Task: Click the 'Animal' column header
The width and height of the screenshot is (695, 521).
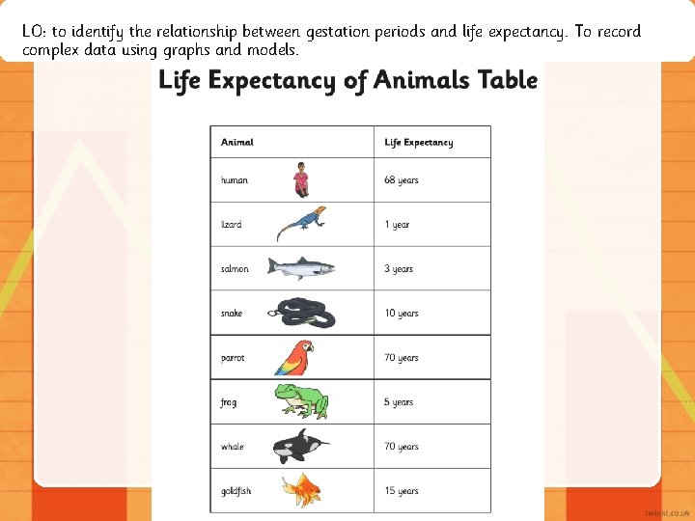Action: (237, 142)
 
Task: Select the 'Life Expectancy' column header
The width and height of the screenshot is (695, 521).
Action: (418, 142)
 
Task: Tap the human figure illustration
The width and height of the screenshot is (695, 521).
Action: (301, 178)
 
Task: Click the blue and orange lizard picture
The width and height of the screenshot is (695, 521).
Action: (301, 224)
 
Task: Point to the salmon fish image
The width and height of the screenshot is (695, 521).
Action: (300, 268)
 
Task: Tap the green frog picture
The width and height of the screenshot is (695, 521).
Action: (300, 401)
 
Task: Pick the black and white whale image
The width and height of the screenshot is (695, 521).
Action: (299, 446)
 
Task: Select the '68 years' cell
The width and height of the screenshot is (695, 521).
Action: (402, 180)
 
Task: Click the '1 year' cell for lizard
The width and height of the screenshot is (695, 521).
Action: (397, 225)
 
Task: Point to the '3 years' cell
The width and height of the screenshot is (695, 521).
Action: (399, 269)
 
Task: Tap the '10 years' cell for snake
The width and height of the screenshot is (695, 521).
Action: (402, 314)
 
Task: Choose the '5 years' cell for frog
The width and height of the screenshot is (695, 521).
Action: (399, 402)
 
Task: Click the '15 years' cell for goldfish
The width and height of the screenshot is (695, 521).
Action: (402, 491)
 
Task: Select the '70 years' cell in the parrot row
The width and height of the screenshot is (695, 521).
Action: (402, 358)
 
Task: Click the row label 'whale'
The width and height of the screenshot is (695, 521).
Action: (233, 447)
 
